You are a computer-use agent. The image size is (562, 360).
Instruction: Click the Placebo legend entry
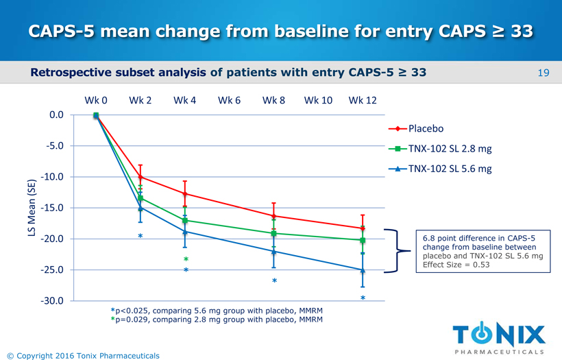(426, 129)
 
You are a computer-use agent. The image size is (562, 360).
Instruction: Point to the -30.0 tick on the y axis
(52, 301)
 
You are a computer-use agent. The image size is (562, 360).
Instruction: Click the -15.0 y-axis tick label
(52, 208)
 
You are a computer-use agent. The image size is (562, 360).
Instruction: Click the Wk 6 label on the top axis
(229, 100)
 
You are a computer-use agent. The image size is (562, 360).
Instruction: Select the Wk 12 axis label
(363, 100)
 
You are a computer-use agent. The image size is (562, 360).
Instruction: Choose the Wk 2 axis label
(140, 100)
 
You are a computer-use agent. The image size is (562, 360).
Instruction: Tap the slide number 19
(544, 72)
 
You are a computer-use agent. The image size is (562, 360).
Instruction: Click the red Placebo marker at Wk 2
(140, 177)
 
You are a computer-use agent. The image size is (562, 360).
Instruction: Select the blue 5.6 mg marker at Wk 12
(363, 270)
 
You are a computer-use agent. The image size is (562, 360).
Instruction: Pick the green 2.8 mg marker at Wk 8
(273, 233)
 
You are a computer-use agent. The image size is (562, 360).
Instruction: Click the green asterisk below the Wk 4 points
(186, 260)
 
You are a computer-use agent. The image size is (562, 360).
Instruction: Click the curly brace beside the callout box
(394, 251)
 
